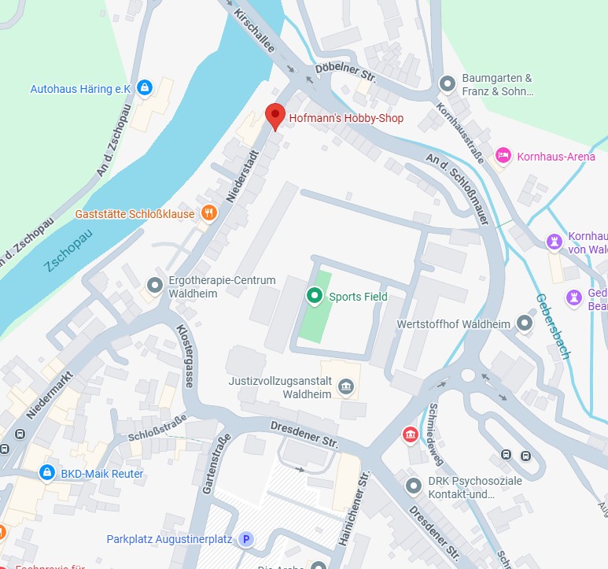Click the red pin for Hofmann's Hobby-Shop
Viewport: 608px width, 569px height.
pos(275,116)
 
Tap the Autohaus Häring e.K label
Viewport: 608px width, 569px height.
pos(79,89)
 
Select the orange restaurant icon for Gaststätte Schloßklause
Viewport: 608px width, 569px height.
pos(208,212)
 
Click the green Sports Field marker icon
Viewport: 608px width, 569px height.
pos(314,296)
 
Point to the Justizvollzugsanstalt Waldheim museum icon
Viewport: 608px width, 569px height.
pos(345,386)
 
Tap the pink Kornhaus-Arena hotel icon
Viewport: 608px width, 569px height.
pos(503,156)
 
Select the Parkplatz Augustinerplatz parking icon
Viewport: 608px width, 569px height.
pos(246,539)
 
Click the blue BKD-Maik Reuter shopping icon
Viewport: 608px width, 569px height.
pos(47,473)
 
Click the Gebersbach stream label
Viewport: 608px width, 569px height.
pos(552,326)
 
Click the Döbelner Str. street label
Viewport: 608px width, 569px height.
pos(346,73)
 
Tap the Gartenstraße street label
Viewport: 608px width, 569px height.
pos(215,464)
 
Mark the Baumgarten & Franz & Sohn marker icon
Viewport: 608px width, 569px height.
pos(448,83)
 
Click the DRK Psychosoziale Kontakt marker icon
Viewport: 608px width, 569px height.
pos(413,486)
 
